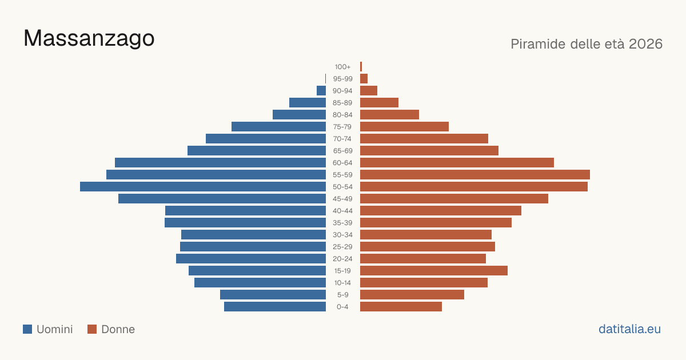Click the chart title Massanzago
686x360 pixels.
tap(89, 39)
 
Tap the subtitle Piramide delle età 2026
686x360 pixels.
tap(587, 44)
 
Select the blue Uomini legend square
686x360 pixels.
tap(27, 329)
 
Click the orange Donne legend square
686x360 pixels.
tap(92, 329)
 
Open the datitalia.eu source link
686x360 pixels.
tap(629, 329)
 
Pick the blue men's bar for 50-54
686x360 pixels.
tap(203, 187)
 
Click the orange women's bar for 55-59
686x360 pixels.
tap(475, 174)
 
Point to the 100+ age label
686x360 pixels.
tap(342, 67)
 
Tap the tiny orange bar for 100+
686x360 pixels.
tap(361, 67)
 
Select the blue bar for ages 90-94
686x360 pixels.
tap(321, 91)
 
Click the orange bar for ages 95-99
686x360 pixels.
tap(364, 79)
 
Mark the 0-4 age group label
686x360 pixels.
tap(342, 307)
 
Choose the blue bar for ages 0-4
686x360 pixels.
tap(275, 307)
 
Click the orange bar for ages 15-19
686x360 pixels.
tap(434, 271)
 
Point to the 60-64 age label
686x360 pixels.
tap(342, 163)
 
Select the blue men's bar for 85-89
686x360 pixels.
tap(308, 102)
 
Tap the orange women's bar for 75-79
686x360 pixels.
tap(404, 127)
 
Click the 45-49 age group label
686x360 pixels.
tap(342, 199)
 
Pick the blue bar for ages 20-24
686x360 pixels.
tap(251, 259)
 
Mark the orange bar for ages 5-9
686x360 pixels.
tap(412, 295)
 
